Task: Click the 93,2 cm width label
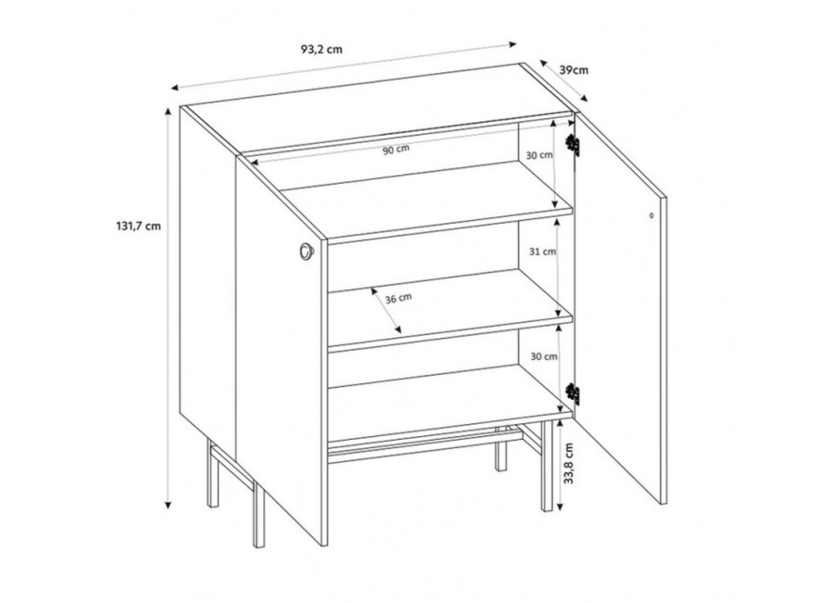(x=322, y=49)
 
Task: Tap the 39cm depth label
(x=574, y=70)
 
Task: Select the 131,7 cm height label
(x=138, y=225)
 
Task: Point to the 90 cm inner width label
(x=396, y=149)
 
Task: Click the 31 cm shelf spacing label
(x=543, y=251)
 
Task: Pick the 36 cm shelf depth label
(x=398, y=299)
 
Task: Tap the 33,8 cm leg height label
(x=569, y=464)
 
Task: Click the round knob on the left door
(x=307, y=251)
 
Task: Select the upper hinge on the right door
(x=572, y=145)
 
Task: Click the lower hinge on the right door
(x=572, y=394)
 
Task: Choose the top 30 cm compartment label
(x=539, y=156)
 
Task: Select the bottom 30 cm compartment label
(x=545, y=356)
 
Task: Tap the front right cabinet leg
(x=546, y=466)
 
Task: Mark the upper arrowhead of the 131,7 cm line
(x=168, y=111)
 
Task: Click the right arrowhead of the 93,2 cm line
(x=513, y=45)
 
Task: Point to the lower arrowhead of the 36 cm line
(x=397, y=329)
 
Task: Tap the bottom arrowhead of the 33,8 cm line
(x=559, y=506)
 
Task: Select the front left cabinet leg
(x=259, y=512)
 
